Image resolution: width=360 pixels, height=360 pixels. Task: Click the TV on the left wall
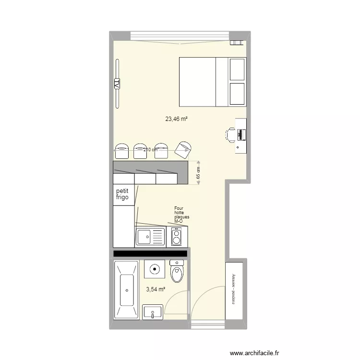[x=117, y=84]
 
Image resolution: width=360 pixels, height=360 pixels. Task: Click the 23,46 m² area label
[x=176, y=119]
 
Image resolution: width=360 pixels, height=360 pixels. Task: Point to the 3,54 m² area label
[x=156, y=289]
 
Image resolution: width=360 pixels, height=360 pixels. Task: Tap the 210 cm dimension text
[x=150, y=150]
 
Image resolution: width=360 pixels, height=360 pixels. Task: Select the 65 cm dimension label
[x=198, y=172]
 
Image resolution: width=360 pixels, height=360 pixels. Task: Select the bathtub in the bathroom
[x=126, y=290]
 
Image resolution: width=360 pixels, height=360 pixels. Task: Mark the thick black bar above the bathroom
[x=150, y=253]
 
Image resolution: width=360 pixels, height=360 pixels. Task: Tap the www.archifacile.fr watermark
[x=255, y=352]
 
